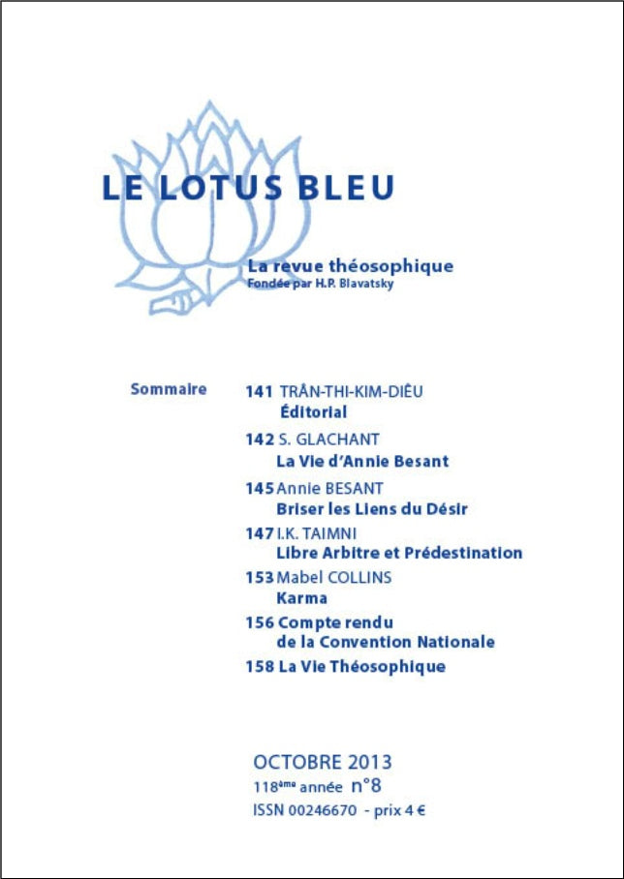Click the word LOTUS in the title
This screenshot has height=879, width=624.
click(222, 187)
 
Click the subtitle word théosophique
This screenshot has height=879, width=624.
click(399, 266)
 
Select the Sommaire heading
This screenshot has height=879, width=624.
click(169, 389)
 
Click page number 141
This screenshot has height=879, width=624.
click(259, 392)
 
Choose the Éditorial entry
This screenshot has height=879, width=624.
click(313, 412)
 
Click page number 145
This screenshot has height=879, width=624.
click(260, 488)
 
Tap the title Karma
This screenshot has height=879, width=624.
click(301, 597)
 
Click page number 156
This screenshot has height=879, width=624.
click(260, 621)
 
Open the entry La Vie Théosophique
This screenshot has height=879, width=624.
click(360, 666)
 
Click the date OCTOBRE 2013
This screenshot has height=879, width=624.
click(323, 761)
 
